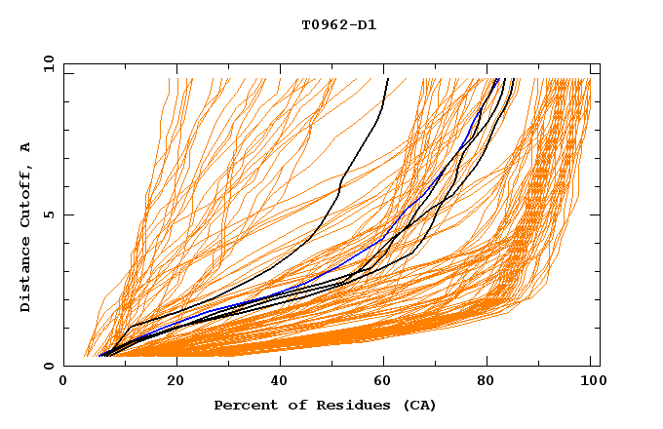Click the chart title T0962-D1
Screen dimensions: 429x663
[x=338, y=25]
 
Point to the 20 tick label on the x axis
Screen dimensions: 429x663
[x=175, y=382]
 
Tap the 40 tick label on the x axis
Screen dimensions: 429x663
[x=281, y=382]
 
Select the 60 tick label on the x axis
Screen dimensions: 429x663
[x=386, y=382]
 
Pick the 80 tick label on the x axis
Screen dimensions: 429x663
[x=491, y=382]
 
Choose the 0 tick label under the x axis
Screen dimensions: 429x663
[x=64, y=382]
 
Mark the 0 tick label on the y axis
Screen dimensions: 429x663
[x=48, y=367]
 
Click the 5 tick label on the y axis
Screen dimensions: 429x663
[x=48, y=214]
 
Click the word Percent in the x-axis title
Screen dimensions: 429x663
[x=243, y=406]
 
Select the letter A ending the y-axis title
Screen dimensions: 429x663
[x=25, y=146]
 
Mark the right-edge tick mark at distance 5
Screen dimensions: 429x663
[x=596, y=214]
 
